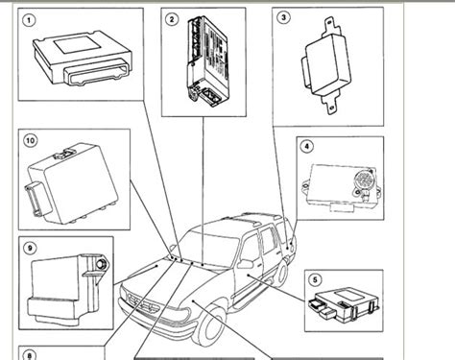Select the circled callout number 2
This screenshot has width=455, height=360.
171,19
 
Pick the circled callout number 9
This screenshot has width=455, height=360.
31,247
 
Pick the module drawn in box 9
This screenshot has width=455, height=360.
67,278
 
